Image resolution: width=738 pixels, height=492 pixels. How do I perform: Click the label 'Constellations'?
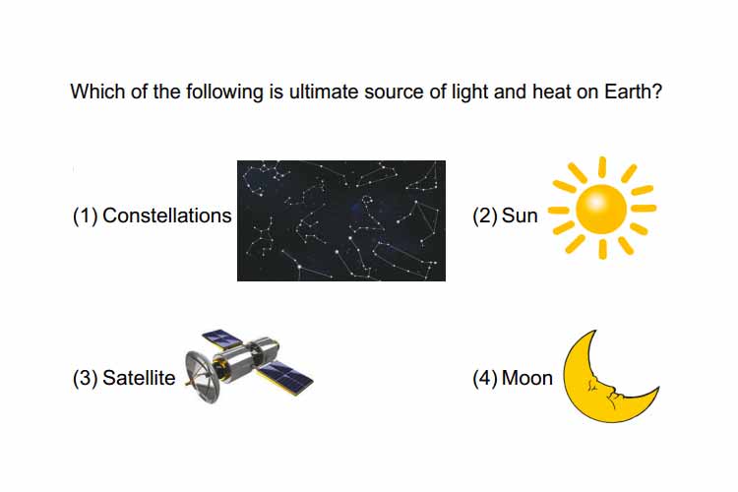(x=167, y=215)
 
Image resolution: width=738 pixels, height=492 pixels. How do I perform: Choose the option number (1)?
(x=86, y=216)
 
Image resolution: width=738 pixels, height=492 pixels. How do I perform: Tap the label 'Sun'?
(x=520, y=215)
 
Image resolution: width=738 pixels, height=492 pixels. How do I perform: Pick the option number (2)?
(x=485, y=216)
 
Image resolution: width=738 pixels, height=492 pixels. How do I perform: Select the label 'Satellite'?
(x=139, y=378)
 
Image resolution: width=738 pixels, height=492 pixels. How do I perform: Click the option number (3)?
(x=86, y=379)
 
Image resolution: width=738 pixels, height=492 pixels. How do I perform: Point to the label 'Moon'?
(x=527, y=378)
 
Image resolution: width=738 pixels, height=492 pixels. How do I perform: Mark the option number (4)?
(x=485, y=379)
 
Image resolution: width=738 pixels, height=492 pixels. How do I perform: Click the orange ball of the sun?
(x=601, y=209)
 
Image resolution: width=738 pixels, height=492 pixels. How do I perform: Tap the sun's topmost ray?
(x=602, y=167)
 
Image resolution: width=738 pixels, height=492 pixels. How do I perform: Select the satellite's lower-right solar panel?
(x=286, y=378)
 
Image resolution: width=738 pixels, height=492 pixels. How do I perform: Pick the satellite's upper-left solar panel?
(x=222, y=338)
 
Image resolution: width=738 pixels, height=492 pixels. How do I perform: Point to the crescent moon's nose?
(x=615, y=390)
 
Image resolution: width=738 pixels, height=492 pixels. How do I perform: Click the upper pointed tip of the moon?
(x=595, y=331)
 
